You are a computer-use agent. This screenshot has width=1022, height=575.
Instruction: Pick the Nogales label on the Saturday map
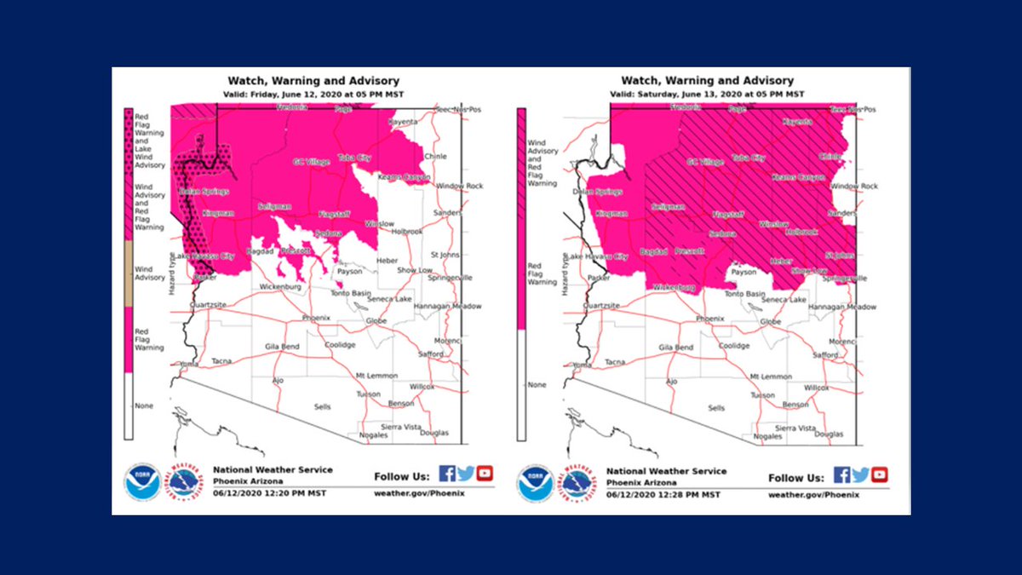(767, 435)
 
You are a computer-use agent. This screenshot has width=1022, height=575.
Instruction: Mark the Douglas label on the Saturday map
(829, 434)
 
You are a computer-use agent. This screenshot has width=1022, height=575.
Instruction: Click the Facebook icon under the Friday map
(446, 474)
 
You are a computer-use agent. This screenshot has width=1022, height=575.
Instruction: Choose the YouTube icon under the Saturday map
(879, 474)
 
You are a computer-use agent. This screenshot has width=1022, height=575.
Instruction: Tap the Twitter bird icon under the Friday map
(466, 474)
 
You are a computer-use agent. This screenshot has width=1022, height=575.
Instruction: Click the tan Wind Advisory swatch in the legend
(129, 273)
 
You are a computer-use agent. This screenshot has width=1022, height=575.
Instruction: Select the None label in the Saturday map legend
(537, 385)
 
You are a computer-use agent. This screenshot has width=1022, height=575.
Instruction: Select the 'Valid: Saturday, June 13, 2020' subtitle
(708, 93)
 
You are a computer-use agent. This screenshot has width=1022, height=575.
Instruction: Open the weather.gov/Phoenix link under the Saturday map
(813, 494)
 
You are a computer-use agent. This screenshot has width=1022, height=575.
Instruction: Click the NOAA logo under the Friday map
(141, 482)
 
